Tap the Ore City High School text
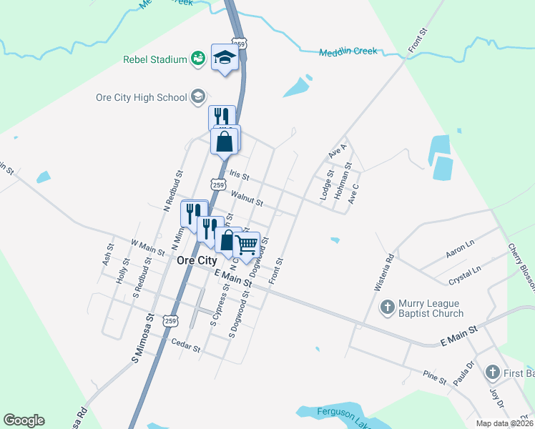tap(140, 97)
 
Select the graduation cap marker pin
tap(225, 59)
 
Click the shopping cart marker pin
tap(247, 245)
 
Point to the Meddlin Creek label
tap(348, 52)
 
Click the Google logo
tap(24, 420)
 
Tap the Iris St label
tap(240, 175)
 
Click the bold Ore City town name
tap(197, 262)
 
